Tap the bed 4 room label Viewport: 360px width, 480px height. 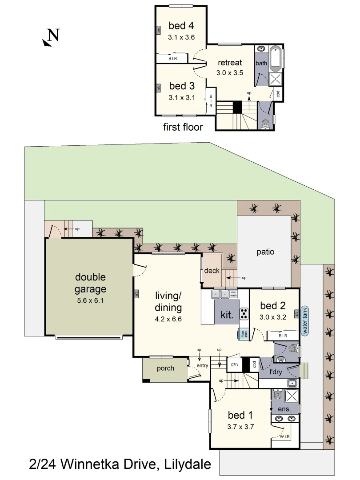(x=181, y=26)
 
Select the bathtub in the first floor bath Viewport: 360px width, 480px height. (x=276, y=58)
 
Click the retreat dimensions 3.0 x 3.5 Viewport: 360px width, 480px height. (x=229, y=73)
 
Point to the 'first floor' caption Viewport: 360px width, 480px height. (x=183, y=127)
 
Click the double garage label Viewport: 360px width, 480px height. (x=90, y=283)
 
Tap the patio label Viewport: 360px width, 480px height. (x=265, y=252)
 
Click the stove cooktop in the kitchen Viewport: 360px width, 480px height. (x=244, y=314)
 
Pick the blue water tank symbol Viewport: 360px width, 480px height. (x=305, y=321)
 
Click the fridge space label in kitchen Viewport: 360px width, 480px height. (x=243, y=334)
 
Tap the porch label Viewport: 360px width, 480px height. (x=165, y=368)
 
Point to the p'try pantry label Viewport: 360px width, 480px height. (x=234, y=365)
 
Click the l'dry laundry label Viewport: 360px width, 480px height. (x=276, y=371)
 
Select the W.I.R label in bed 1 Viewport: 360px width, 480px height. (x=285, y=437)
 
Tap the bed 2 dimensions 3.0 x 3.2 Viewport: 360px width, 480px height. (x=273, y=317)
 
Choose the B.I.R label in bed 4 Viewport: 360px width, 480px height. (x=173, y=59)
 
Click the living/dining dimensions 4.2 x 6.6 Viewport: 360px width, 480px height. (x=168, y=319)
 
